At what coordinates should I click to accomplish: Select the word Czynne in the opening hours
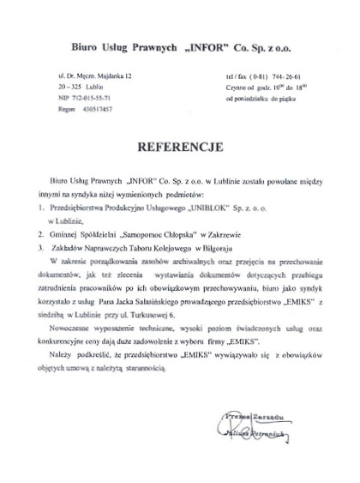pyautogui.click(x=235, y=88)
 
